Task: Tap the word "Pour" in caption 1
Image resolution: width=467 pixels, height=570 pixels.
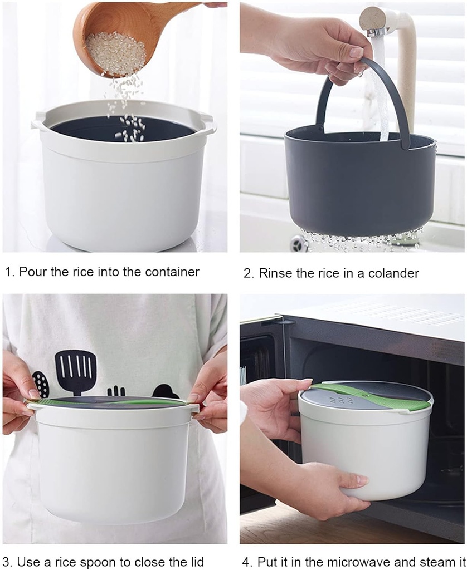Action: click(x=32, y=272)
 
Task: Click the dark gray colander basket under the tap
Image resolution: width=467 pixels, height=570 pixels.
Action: click(x=357, y=184)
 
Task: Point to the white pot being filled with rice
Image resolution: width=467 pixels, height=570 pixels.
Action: click(x=123, y=189)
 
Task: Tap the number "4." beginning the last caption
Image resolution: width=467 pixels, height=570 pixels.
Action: click(x=248, y=562)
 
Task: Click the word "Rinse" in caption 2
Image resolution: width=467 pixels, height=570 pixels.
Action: click(x=273, y=273)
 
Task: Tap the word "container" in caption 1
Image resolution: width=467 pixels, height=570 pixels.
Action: click(x=172, y=272)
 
